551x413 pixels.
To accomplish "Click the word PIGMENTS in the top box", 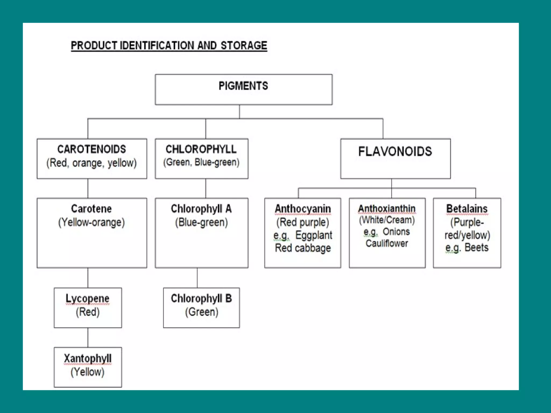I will click(x=243, y=86).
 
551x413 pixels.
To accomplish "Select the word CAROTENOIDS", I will click(x=91, y=149).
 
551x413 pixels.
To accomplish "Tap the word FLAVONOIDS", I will click(x=395, y=151).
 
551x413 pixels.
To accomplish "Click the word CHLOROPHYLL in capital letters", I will click(x=201, y=149).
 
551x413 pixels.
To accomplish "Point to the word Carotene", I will click(x=91, y=209).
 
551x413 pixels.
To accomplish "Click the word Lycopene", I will click(x=87, y=298).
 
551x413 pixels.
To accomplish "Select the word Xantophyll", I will click(x=87, y=358).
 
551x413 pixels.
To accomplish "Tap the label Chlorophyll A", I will click(x=201, y=209).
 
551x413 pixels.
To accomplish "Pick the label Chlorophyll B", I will click(x=201, y=298).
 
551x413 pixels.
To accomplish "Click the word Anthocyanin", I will click(x=303, y=209).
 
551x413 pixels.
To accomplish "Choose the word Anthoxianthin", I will click(x=387, y=209).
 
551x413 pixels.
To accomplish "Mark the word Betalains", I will click(x=467, y=209).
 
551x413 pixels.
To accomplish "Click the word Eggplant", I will click(x=314, y=235).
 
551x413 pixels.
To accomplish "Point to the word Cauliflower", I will click(x=387, y=243).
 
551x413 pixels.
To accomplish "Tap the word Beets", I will click(x=476, y=247).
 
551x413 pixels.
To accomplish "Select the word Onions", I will click(x=396, y=232).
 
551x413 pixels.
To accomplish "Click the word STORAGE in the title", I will click(x=244, y=45).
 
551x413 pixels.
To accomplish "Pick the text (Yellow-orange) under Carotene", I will click(x=91, y=222).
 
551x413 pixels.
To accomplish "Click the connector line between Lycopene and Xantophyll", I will click(x=88, y=337).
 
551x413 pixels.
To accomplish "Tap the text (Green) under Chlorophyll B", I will click(x=202, y=312).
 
